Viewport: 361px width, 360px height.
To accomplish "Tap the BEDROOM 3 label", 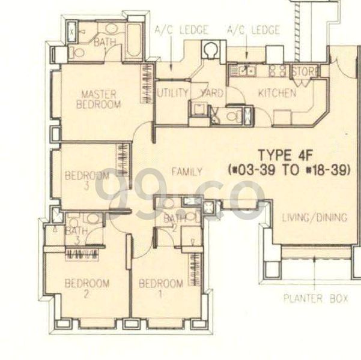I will [x=87, y=181].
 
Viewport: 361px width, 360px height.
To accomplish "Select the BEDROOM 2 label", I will [x=87, y=289].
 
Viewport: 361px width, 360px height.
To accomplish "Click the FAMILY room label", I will [x=187, y=172].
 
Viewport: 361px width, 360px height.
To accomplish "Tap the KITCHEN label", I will [x=276, y=93].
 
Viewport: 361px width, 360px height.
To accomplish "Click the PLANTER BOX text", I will [x=316, y=298].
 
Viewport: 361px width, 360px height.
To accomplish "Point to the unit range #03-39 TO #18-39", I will [x=291, y=170].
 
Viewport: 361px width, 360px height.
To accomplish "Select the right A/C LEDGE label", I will [x=253, y=29].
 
